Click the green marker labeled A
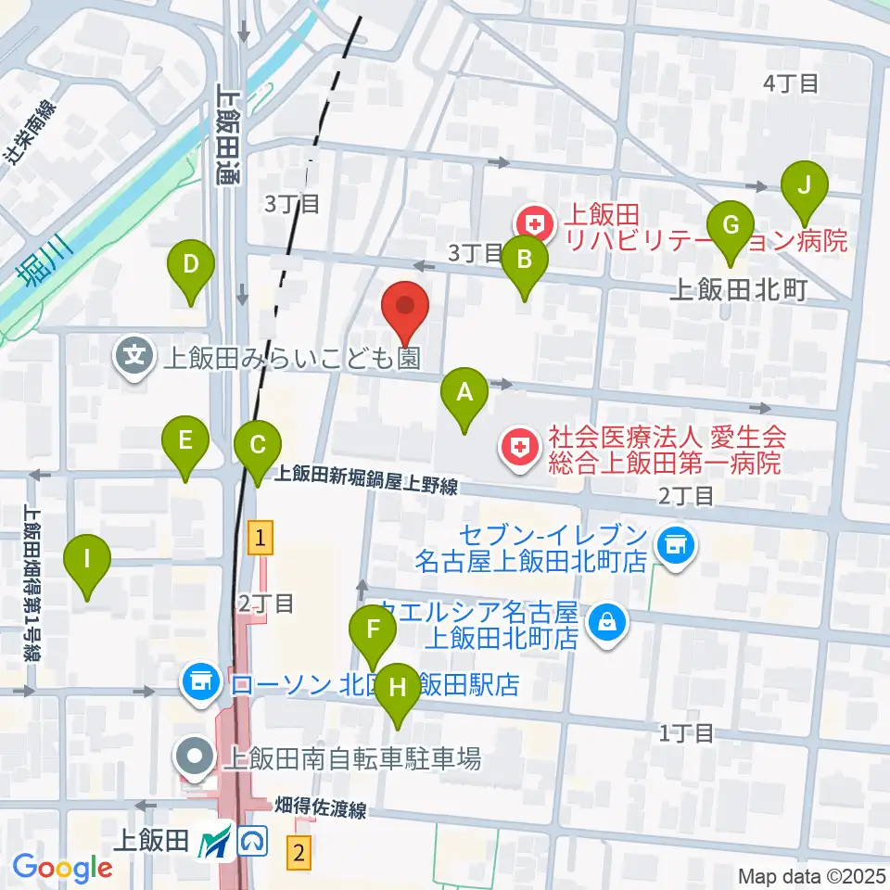click(x=464, y=393)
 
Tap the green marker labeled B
click(x=524, y=261)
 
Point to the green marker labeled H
click(x=398, y=689)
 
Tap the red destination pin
click(x=405, y=306)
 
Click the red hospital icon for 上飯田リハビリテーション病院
click(x=534, y=222)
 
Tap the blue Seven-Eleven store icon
click(x=672, y=545)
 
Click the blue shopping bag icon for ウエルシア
click(x=608, y=619)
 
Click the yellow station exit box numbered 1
click(x=262, y=536)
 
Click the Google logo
click(x=62, y=868)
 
